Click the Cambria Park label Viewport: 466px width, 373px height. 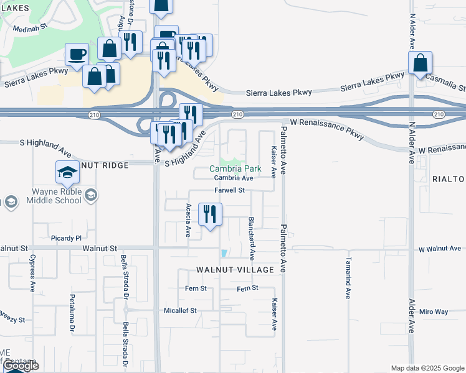tap(235, 168)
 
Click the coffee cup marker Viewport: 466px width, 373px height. tap(77, 54)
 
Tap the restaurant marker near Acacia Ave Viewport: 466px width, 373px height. tap(210, 214)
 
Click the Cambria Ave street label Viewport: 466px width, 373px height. tap(234, 178)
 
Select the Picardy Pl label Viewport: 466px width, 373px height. tap(66, 238)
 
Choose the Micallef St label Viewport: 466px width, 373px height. tap(180, 310)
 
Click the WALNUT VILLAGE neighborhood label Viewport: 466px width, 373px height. tap(235, 270)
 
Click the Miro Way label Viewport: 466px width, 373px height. tap(434, 311)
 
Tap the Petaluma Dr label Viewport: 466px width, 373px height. tap(72, 313)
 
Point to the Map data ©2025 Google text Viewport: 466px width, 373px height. tap(427, 368)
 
